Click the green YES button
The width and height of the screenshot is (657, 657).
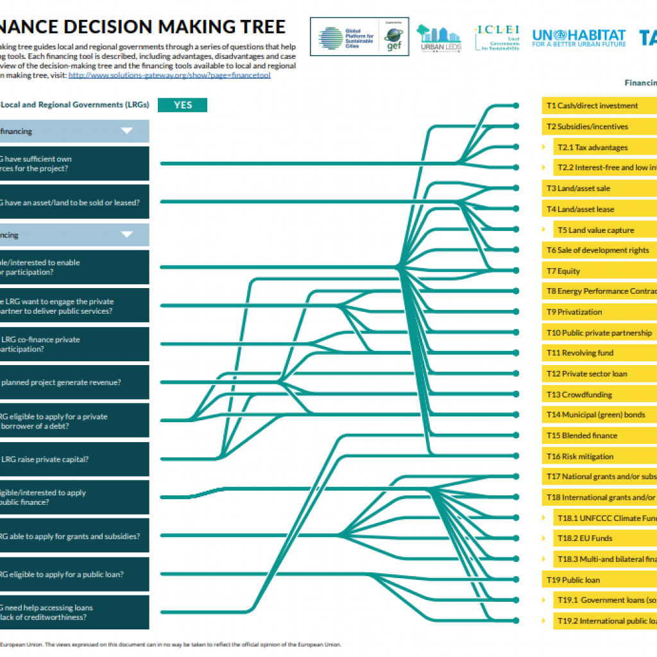pyautogui.click(x=183, y=105)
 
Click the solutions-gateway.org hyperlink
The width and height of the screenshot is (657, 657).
pyautogui.click(x=169, y=75)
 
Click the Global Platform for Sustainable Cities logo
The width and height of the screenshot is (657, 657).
pyautogui.click(x=346, y=38)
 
